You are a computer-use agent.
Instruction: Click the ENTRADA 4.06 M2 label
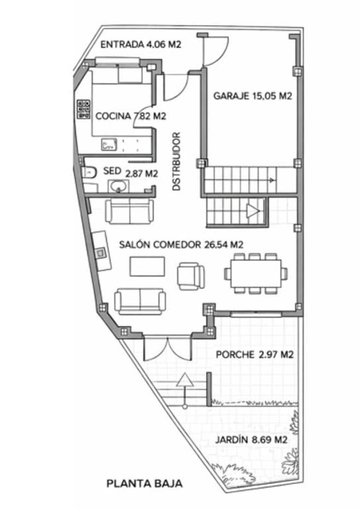click(x=141, y=45)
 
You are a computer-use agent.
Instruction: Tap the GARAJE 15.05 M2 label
click(x=253, y=96)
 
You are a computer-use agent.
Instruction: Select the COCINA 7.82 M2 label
click(x=130, y=116)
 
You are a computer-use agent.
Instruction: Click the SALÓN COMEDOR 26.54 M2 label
click(x=181, y=245)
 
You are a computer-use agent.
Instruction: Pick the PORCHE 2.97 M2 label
click(x=255, y=355)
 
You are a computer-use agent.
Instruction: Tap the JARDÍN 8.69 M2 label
click(x=251, y=439)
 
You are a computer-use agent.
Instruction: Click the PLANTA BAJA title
click(x=145, y=484)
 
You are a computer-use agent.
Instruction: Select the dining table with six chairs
click(x=256, y=272)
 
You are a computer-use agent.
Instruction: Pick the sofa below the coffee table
click(x=140, y=300)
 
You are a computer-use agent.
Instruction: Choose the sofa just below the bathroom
click(x=129, y=211)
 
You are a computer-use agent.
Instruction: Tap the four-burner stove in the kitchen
click(x=84, y=109)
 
